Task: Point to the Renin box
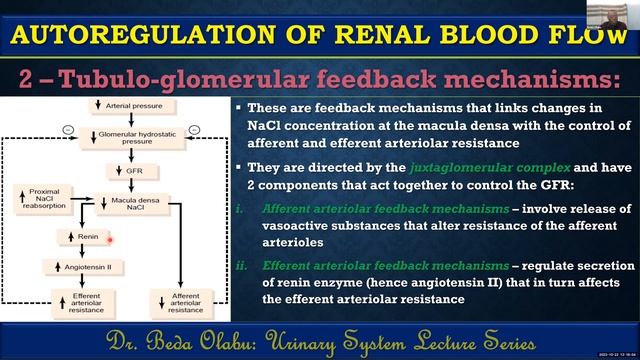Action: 80,238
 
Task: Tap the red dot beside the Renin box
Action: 109,238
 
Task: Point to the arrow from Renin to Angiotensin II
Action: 80,252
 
